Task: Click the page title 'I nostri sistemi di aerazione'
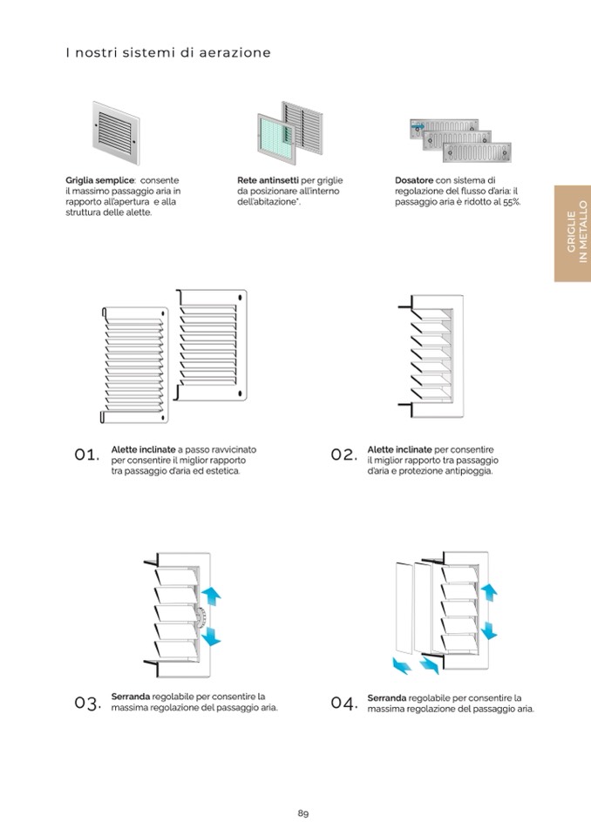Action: tap(168, 53)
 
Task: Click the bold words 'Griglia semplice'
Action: tap(99, 180)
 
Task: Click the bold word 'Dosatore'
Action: tap(414, 180)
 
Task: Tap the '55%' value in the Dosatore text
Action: tap(510, 202)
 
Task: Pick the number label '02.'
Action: tap(344, 455)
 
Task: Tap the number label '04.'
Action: tap(344, 703)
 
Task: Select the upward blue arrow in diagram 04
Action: tap(489, 592)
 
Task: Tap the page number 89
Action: tap(303, 813)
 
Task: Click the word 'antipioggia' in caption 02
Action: tap(465, 471)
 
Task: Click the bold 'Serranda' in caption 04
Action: tap(387, 697)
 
